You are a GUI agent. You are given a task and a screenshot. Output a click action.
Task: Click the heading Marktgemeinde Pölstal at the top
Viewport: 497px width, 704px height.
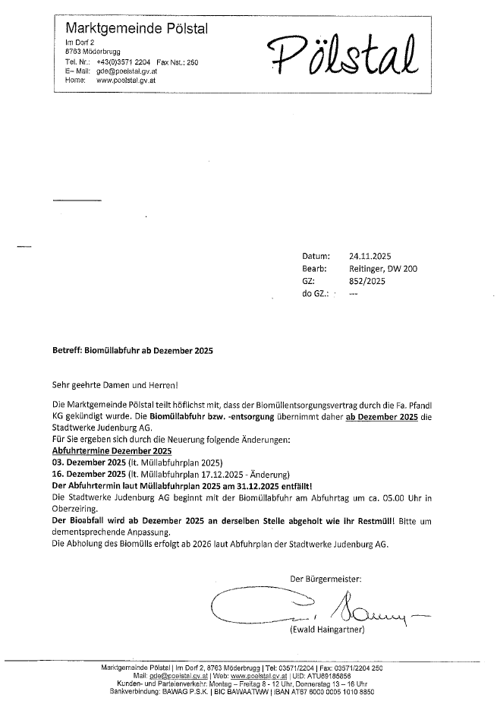tap(137, 28)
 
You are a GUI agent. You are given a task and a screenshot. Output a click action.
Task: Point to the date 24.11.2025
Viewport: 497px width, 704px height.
tap(370, 256)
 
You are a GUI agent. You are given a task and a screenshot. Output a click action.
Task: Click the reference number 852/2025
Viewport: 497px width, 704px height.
tap(367, 281)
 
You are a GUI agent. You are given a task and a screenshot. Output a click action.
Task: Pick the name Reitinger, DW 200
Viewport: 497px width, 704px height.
tap(383, 269)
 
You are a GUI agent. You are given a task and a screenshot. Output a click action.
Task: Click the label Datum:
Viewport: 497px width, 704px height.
tap(316, 256)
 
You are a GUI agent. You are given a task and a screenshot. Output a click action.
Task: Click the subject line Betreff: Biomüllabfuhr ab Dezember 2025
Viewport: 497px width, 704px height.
tap(133, 352)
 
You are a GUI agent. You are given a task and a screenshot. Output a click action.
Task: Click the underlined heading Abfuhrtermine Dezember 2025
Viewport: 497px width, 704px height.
tap(102, 451)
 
